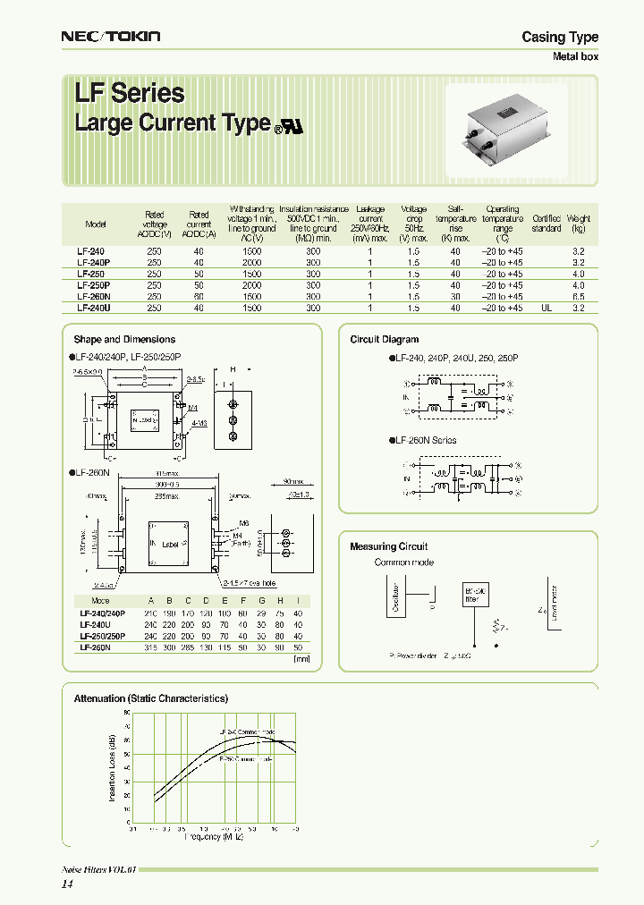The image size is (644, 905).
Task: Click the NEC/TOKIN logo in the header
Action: click(x=110, y=37)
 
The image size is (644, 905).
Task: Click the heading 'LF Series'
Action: click(x=129, y=93)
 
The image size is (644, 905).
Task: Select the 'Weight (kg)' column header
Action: click(x=579, y=223)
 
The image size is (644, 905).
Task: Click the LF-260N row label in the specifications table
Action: click(x=92, y=297)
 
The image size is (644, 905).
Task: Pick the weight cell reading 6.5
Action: click(x=578, y=297)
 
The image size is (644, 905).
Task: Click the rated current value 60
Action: click(x=199, y=297)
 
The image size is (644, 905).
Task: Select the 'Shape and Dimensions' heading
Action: click(x=124, y=340)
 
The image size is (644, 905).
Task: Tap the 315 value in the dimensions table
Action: click(x=149, y=647)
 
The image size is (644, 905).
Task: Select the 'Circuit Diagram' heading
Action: click(x=384, y=340)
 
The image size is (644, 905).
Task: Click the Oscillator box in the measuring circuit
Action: click(x=394, y=605)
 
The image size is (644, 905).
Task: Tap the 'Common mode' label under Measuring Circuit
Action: click(x=404, y=562)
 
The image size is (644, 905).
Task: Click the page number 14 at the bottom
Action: click(x=67, y=884)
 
